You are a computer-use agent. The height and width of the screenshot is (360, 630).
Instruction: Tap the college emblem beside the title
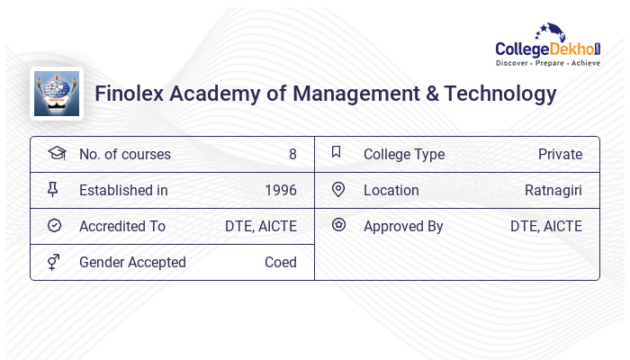[x=57, y=94]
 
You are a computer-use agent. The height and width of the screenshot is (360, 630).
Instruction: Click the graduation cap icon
[x=56, y=154]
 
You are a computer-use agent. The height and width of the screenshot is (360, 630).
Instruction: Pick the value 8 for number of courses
[x=292, y=155]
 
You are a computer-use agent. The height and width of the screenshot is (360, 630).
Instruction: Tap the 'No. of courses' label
[x=124, y=155]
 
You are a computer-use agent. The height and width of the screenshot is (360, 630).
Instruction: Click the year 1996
[x=281, y=191]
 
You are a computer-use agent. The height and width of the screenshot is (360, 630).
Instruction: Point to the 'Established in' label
[x=123, y=191]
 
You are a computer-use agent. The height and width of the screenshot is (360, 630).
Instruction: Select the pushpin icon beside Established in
[x=53, y=190]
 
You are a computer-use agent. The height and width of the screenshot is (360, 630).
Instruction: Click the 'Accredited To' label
[x=122, y=227]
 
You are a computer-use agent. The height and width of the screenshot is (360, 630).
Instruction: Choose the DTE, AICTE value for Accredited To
[x=261, y=227]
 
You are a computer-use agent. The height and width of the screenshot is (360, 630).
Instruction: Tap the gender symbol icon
[x=53, y=262]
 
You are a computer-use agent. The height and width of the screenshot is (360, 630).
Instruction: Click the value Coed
[x=280, y=263]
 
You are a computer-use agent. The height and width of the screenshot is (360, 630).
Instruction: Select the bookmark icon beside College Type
[x=336, y=153]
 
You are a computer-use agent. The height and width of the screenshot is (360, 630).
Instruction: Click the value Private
[x=560, y=155]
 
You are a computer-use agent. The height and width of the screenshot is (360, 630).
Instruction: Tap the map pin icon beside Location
[x=338, y=190]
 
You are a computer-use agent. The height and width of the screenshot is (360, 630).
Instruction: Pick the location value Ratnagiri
[x=553, y=191]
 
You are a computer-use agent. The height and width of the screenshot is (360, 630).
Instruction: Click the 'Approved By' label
[x=403, y=227]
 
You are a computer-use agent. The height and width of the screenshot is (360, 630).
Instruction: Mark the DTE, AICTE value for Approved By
[x=546, y=227]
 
